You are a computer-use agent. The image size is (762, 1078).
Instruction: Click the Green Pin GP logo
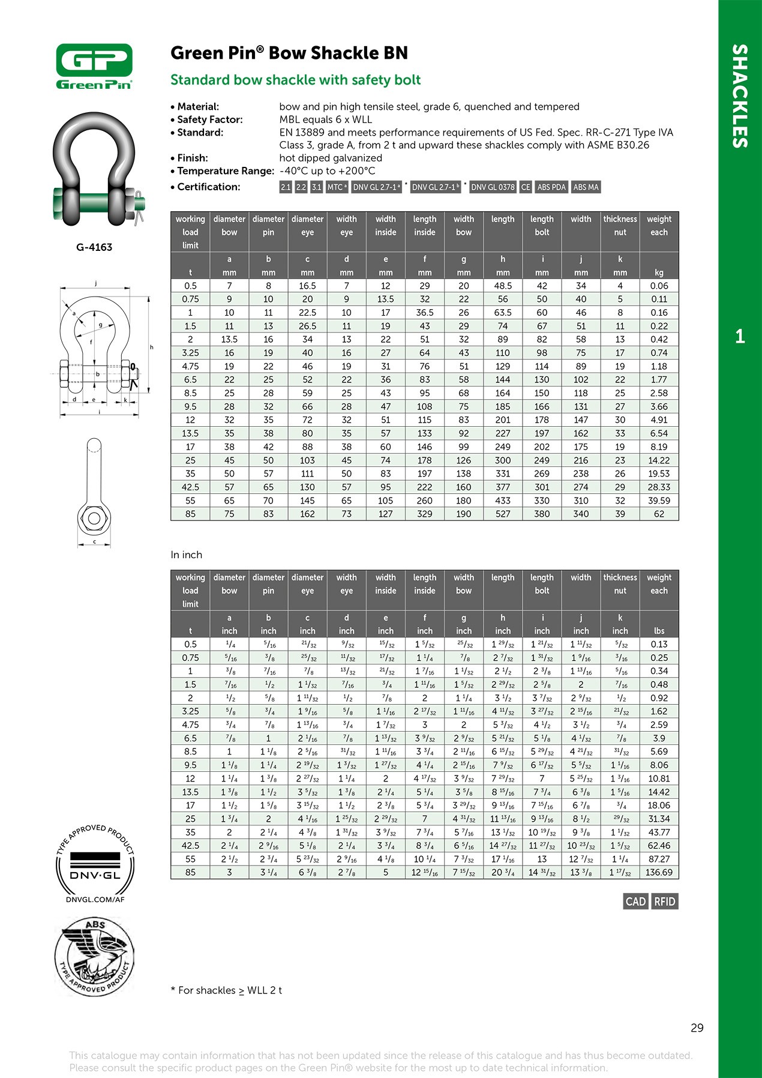tap(94, 66)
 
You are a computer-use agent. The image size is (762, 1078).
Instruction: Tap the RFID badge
tap(664, 902)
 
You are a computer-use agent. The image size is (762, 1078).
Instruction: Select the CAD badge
tap(635, 902)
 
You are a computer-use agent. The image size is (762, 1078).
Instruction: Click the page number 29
tap(697, 1028)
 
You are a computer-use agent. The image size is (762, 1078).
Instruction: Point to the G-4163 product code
tap(94, 247)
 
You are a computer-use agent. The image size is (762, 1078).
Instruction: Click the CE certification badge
tap(526, 187)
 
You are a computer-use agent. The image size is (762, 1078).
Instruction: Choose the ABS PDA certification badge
tap(551, 187)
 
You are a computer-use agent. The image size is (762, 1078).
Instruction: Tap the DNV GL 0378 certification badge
tap(493, 187)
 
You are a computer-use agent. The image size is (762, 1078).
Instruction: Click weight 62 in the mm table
tap(659, 514)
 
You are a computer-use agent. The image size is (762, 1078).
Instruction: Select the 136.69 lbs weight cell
tap(659, 872)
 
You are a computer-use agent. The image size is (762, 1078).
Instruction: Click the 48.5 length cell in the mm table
tap(503, 286)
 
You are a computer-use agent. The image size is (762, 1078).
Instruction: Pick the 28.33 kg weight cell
tap(659, 487)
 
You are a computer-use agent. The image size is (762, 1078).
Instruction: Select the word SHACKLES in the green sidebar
tap(740, 96)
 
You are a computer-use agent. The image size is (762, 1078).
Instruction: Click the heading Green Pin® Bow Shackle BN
tap(289, 53)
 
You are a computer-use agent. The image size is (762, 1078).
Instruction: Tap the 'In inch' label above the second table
tap(186, 555)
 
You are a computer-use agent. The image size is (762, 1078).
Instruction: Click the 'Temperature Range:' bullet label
tap(226, 171)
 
